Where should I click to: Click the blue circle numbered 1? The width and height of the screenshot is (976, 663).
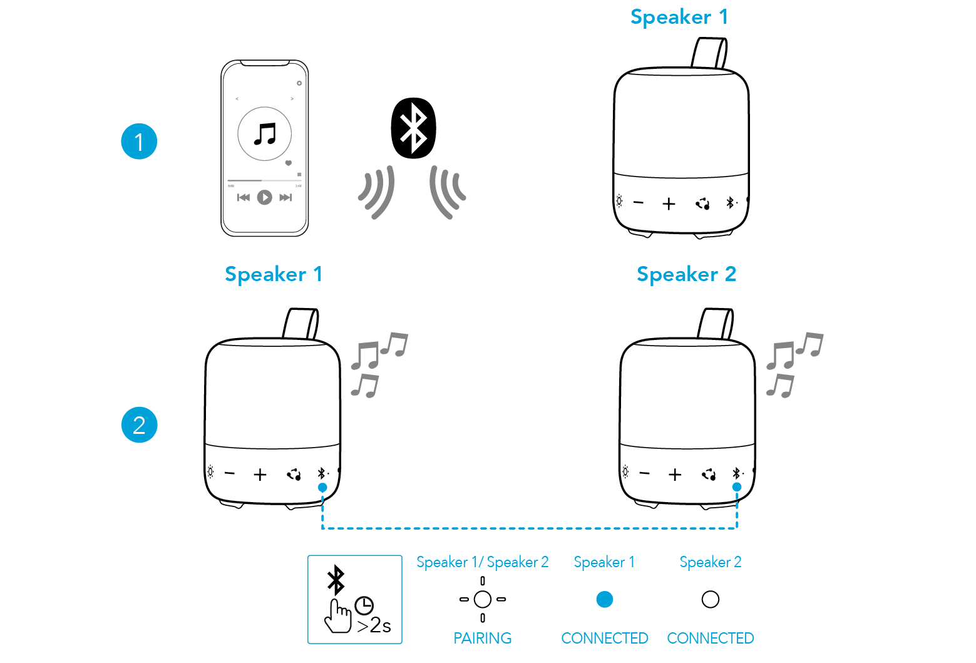[x=139, y=141]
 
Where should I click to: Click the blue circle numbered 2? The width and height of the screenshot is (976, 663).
[x=139, y=425]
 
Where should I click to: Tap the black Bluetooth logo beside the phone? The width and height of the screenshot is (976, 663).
[x=413, y=128]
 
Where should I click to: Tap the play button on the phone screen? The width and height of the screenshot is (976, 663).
[x=265, y=197]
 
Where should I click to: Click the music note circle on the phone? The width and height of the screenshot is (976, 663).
[x=265, y=133]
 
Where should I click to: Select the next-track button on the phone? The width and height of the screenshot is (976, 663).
[x=285, y=197]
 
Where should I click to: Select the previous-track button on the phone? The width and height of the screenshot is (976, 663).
[x=244, y=197]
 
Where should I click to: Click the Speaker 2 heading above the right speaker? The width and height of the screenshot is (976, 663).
[x=686, y=274]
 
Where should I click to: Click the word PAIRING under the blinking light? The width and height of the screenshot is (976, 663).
[x=482, y=638]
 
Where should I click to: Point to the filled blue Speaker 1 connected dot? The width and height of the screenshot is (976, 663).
[x=604, y=599]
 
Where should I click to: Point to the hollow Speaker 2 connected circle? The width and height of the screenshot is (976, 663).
[x=711, y=599]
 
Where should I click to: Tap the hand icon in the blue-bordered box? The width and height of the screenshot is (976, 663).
[x=337, y=616]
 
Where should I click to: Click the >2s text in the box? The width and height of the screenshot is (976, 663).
[x=374, y=625]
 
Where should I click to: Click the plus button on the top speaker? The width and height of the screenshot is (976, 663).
[x=669, y=204]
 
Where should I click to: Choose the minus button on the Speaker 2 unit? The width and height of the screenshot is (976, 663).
[x=645, y=474]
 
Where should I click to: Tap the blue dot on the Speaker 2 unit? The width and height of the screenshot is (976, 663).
[x=737, y=486]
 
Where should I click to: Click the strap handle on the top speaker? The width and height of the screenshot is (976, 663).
[x=710, y=53]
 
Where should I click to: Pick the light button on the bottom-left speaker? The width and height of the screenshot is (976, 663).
[x=210, y=472]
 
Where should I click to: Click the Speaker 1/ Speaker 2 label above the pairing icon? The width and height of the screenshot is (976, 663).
[x=482, y=562]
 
